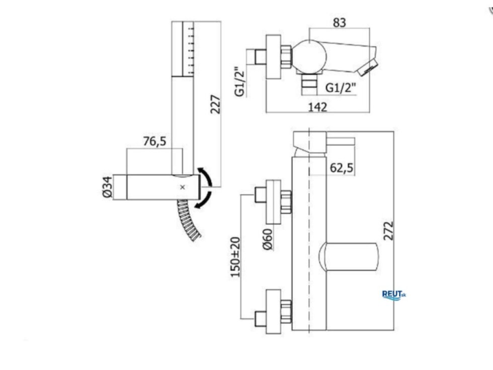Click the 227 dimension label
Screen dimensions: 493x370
(x=216, y=104)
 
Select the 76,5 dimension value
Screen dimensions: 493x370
(x=154, y=141)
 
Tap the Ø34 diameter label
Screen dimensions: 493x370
(x=108, y=187)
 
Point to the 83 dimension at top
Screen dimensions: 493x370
(x=340, y=23)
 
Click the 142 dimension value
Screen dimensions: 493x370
(x=317, y=107)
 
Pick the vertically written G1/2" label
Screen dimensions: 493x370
(x=240, y=81)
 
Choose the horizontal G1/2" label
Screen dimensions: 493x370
(x=341, y=88)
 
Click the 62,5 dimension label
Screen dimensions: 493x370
(x=342, y=168)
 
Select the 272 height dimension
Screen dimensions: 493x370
(x=388, y=231)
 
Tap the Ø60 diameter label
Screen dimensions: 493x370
(x=268, y=239)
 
